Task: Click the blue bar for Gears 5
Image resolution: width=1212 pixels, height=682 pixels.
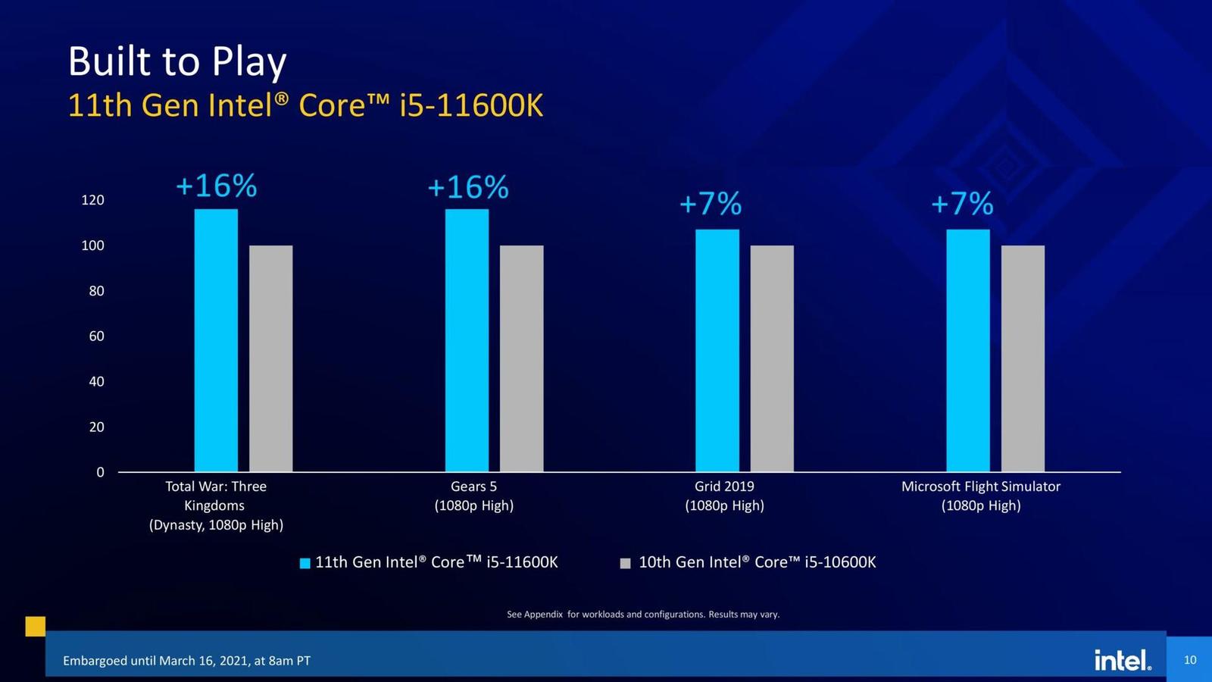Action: click(467, 341)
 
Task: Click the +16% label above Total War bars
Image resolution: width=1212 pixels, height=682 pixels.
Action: click(216, 186)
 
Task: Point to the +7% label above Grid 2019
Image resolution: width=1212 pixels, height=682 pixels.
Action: click(710, 204)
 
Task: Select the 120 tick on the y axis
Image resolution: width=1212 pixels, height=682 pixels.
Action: click(92, 200)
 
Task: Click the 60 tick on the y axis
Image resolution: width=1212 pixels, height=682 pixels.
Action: click(96, 336)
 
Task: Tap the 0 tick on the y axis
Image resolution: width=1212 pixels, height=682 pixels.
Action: click(100, 472)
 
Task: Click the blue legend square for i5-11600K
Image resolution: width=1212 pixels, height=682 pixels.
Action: click(305, 563)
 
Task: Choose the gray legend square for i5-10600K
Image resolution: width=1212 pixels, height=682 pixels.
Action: click(625, 563)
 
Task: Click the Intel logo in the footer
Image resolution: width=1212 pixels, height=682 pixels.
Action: click(1122, 660)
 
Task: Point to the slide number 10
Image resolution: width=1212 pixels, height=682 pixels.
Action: click(1189, 660)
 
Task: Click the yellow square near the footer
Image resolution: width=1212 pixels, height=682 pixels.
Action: click(35, 626)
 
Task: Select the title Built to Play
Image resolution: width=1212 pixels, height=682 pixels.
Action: click(177, 61)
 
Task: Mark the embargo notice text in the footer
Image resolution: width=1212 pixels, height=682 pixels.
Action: click(186, 661)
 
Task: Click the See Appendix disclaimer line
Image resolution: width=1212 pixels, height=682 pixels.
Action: click(642, 615)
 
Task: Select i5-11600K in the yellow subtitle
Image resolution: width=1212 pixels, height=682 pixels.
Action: click(471, 105)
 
